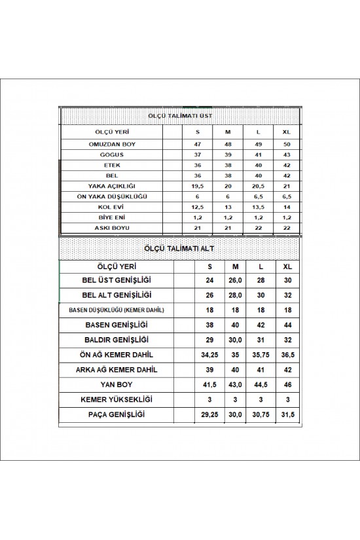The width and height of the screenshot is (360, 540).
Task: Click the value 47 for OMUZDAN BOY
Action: tap(196, 143)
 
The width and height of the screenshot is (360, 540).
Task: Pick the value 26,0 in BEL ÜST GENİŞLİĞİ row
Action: tap(235, 279)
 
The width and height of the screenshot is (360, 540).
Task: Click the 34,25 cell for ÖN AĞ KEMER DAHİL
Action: tap(210, 355)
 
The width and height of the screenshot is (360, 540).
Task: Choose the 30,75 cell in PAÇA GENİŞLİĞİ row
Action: tap(261, 415)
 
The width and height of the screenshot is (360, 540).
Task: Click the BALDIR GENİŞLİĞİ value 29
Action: tap(210, 340)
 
